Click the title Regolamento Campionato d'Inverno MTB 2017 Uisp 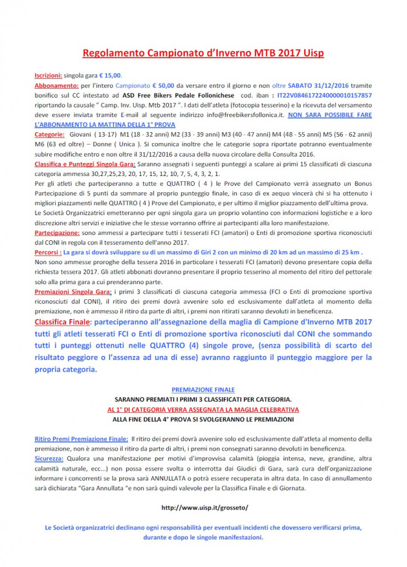(203, 53)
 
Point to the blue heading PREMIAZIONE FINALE (203, 389)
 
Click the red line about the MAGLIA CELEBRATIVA (203, 409)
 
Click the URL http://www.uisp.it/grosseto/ (203, 508)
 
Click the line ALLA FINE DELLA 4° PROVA (203, 419)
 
